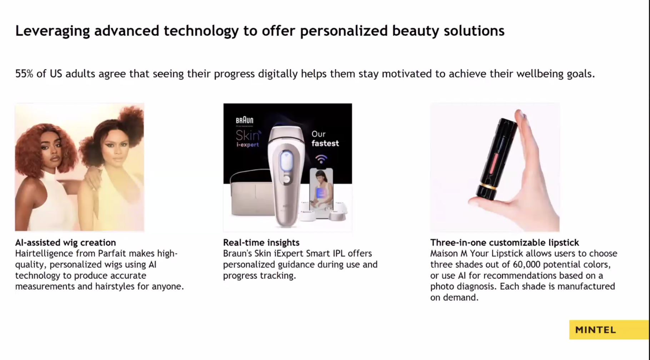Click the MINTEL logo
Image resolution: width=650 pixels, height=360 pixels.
pyautogui.click(x=595, y=330)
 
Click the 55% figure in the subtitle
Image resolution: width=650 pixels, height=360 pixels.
pyautogui.click(x=24, y=74)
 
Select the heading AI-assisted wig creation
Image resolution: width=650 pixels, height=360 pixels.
pyautogui.click(x=65, y=242)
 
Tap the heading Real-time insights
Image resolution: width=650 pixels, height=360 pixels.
pyautogui.click(x=261, y=242)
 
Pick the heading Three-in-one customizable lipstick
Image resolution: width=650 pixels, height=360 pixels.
pyautogui.click(x=504, y=242)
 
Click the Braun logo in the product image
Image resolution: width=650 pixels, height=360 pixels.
pyautogui.click(x=245, y=120)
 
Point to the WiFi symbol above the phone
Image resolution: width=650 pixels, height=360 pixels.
pyautogui.click(x=321, y=159)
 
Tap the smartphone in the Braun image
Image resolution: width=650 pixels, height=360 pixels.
pyautogui.click(x=321, y=193)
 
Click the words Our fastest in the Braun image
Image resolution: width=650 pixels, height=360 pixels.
pyautogui.click(x=325, y=139)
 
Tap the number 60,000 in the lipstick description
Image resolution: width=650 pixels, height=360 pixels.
pyautogui.click(x=526, y=265)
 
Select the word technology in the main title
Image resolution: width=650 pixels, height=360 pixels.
pyautogui.click(x=201, y=31)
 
